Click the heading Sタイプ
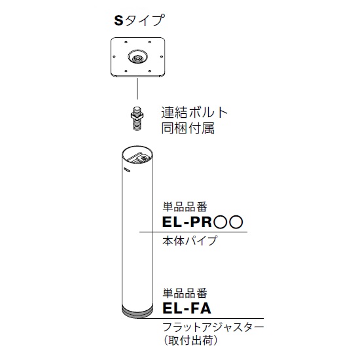pos(139,20)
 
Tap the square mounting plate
pos(137,57)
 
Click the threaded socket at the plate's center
pos(137,57)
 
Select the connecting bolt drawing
pos(137,118)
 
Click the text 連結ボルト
pos(194,113)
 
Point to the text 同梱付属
pos(188,128)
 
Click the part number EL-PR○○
pos(202,222)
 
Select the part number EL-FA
pos(187,308)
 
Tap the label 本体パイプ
pos(189,241)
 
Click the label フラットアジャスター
pos(213,327)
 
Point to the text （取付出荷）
pos(190,340)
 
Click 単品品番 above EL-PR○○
pos(185,207)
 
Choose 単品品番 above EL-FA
pos(185,293)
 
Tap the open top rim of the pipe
pos(137,146)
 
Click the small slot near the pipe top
pos(127,170)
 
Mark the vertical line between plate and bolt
pos(137,88)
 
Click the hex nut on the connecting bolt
pos(137,115)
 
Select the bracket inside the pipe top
pos(140,158)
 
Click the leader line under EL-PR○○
pos(193,232)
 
